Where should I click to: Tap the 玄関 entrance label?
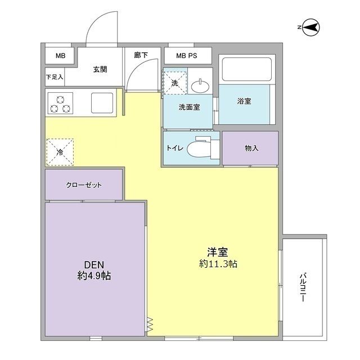tap(100, 69)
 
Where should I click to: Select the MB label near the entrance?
tap(60, 56)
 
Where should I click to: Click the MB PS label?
tap(187, 56)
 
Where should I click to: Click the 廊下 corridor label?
tap(141, 56)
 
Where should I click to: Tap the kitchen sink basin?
tap(102, 102)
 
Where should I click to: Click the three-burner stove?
tap(60, 103)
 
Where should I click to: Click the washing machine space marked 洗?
tap(174, 82)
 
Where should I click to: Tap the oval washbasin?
tap(199, 86)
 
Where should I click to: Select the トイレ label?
tap(173, 148)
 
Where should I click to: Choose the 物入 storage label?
tap(251, 148)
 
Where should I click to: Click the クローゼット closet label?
tap(84, 185)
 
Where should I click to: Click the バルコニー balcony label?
tap(303, 287)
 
